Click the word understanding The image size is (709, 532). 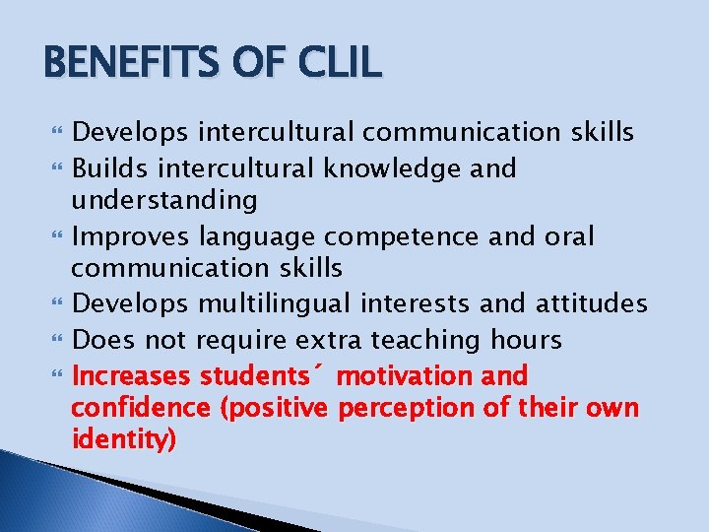(164, 201)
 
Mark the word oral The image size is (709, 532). (565, 236)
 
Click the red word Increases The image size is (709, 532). (133, 375)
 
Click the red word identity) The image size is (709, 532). (124, 440)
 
